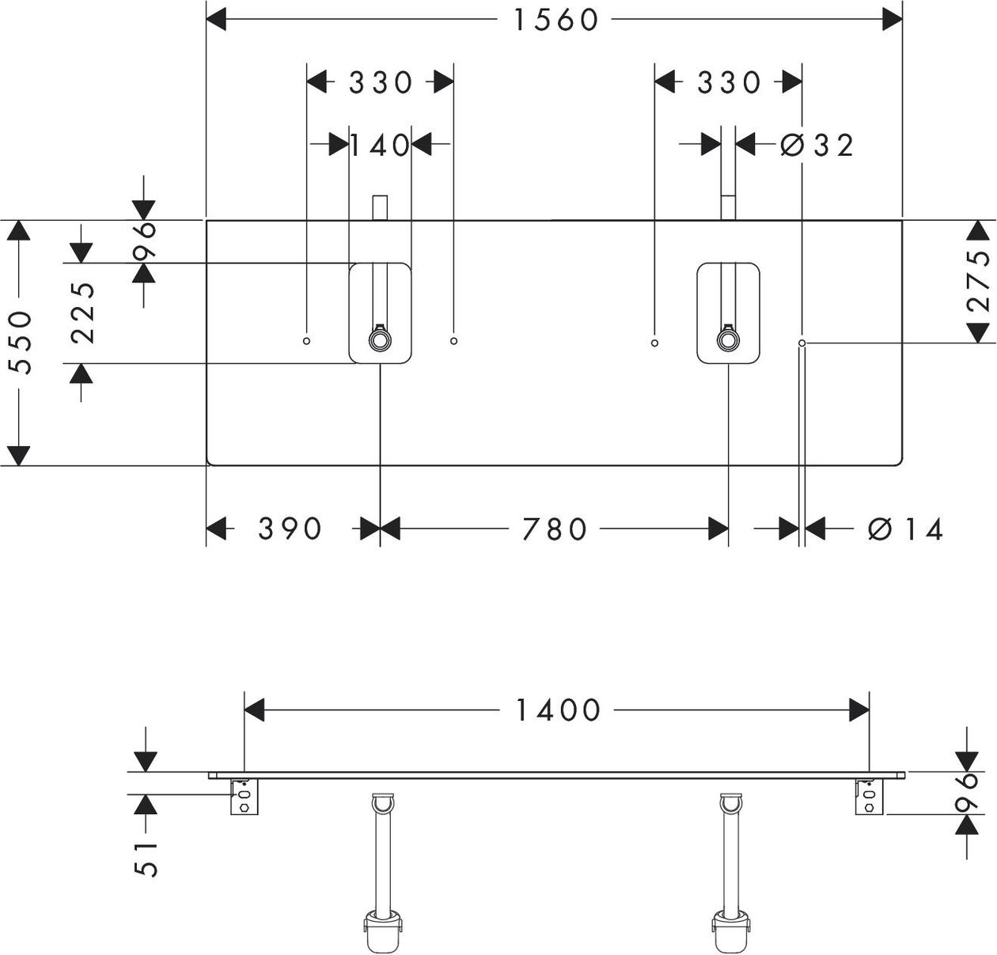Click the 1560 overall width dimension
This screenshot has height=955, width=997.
pos(555,21)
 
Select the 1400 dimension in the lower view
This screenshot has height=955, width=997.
pos(557,711)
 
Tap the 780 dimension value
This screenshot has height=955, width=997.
pos(554,529)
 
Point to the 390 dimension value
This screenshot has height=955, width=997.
pos(290,529)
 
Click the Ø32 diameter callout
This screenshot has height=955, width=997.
pos(817,146)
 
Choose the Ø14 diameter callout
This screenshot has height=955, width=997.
pos(905,529)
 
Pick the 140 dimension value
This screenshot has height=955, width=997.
pos(380,146)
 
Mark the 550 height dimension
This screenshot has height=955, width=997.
pos(21,343)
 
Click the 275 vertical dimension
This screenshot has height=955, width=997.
pos(979,281)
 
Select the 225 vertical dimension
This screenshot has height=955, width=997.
pos(83,313)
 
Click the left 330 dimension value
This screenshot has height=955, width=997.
pos(380,82)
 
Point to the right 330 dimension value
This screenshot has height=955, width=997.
pos(729,82)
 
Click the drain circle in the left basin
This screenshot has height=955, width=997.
pos(380,340)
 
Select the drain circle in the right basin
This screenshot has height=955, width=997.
pos(728,340)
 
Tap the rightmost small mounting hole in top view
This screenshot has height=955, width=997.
pos(802,343)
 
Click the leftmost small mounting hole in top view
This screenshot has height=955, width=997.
pos(306,341)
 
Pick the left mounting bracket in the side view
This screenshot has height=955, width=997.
pos(245,797)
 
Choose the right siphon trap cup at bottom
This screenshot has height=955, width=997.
pos(730,927)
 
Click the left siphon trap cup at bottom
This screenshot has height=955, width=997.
pos(383,927)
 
